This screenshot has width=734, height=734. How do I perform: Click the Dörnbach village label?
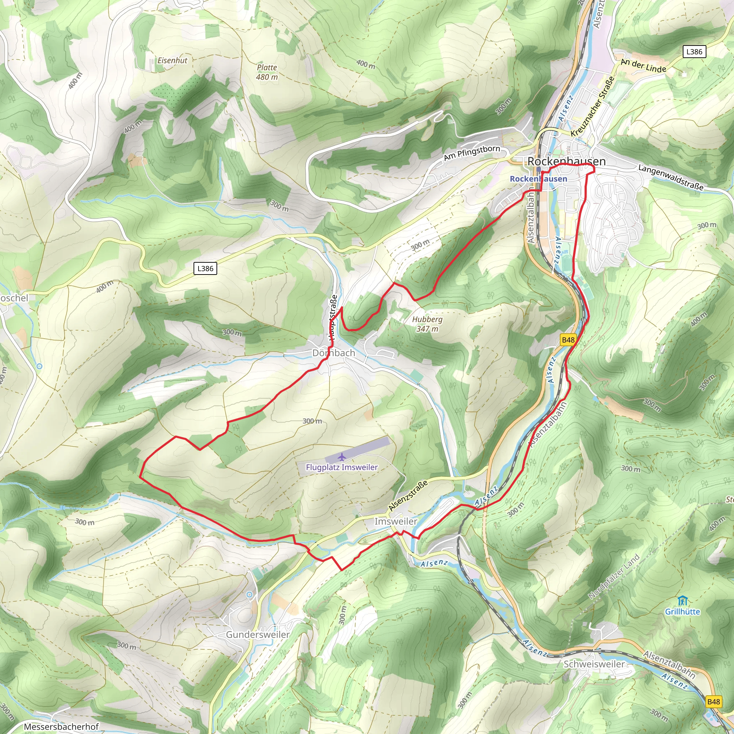334,353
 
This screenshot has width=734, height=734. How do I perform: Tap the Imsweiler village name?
396,521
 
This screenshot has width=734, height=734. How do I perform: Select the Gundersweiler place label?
258,634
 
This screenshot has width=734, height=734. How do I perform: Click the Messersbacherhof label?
61,726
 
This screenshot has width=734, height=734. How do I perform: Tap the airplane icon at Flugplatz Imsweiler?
342,456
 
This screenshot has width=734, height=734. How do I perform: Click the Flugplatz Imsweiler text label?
342,467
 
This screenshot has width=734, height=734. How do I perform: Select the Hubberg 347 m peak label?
428,324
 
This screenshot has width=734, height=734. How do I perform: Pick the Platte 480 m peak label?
267,72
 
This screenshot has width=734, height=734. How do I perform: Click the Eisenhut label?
172,61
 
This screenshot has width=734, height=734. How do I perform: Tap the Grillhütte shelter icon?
682,601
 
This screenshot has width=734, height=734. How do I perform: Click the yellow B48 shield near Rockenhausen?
568,340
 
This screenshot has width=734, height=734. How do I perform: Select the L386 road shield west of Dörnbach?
205,268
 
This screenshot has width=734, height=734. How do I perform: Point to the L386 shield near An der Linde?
694,52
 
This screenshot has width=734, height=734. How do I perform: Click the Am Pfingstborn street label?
472,152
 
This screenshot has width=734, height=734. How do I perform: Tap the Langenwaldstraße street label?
671,177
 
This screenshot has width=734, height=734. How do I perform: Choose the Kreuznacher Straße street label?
593,106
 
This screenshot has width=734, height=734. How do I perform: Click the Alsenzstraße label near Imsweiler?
408,495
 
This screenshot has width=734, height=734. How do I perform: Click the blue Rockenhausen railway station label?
538,178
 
